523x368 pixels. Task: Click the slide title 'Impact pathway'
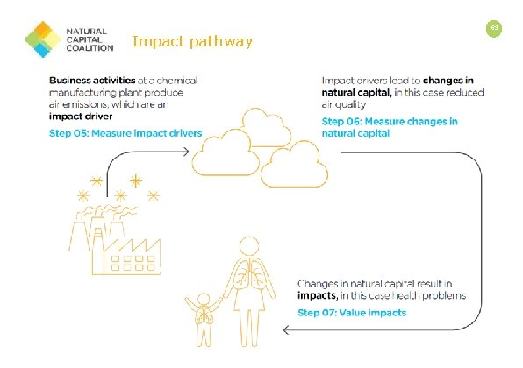tap(191, 40)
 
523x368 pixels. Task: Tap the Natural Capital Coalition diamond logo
tap(41, 39)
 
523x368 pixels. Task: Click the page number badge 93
tap(495, 29)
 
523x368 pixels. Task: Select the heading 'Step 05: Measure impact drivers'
tap(125, 133)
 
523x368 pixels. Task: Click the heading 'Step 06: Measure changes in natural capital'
tap(390, 128)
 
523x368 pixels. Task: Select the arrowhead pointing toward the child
tap(286, 330)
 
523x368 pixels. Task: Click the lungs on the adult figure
tap(249, 275)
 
